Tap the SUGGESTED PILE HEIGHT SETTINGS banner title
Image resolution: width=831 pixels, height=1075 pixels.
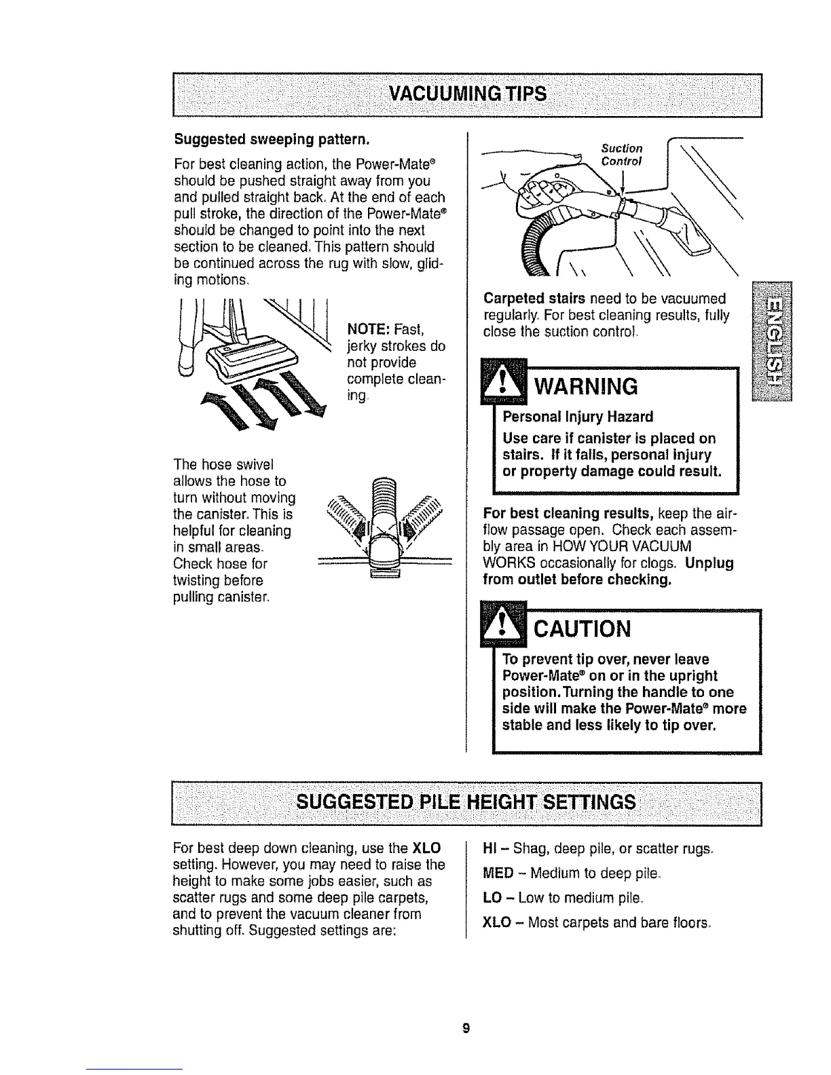(467, 803)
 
